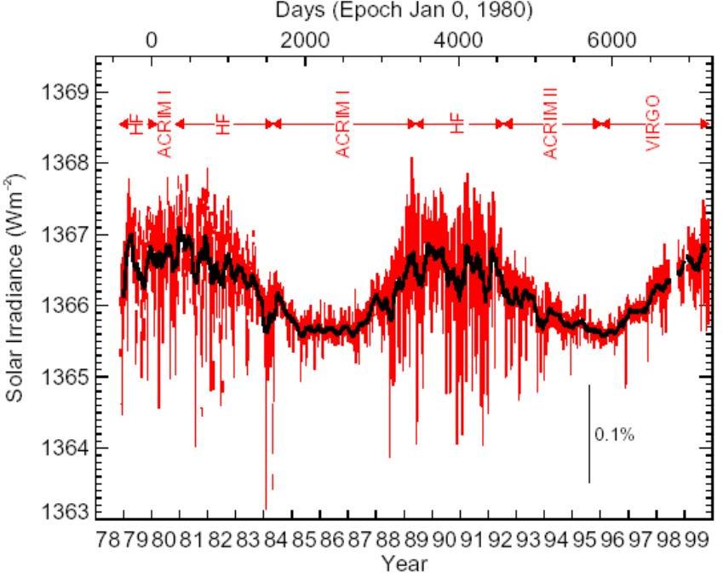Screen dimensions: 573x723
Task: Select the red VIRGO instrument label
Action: pos(653,124)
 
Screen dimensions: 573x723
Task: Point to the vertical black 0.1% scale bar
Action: pos(589,433)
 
